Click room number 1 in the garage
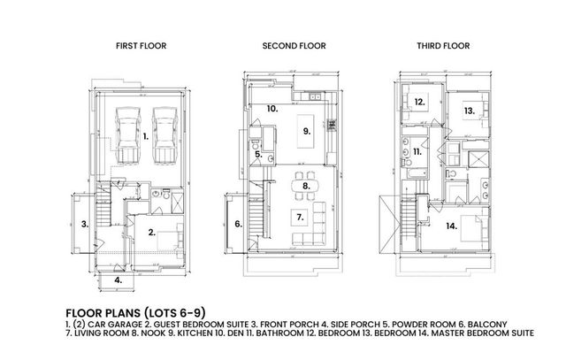pos(145,137)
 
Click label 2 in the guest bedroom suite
pos(152,233)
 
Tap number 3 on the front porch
pos(86,224)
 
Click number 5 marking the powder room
pos(257,155)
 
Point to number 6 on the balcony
pos(238,224)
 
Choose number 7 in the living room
pos(300,216)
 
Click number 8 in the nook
pos(306,186)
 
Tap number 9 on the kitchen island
pos(308,130)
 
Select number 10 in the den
pos(273,108)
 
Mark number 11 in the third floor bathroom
pos(416,153)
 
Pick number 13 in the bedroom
pos(469,111)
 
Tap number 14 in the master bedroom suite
pos(452,226)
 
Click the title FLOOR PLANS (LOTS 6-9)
pos(130,313)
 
